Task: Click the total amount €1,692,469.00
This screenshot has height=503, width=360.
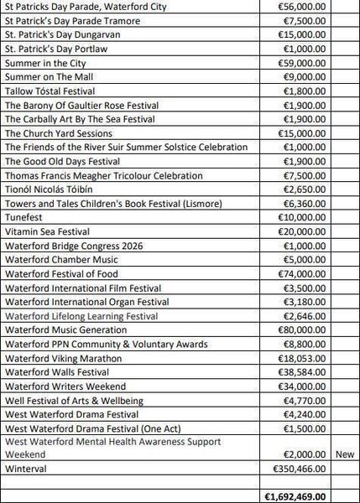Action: click(x=295, y=496)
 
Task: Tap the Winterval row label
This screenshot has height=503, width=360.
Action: click(x=26, y=468)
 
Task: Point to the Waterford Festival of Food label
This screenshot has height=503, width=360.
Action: click(x=61, y=273)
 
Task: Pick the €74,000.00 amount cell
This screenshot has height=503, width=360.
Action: click(x=302, y=273)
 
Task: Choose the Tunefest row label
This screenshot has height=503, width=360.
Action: click(x=25, y=217)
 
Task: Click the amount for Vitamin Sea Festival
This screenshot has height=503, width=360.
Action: click(x=302, y=231)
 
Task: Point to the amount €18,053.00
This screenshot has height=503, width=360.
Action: click(x=302, y=358)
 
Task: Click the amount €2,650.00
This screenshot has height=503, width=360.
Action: click(x=305, y=189)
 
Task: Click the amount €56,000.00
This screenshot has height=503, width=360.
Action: click(x=302, y=7)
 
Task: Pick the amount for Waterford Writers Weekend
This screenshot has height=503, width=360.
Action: click(x=302, y=386)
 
